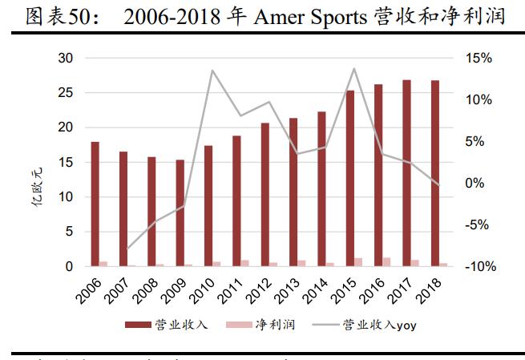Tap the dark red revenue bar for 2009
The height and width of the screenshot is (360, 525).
click(180, 212)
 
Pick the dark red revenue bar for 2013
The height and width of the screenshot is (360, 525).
click(293, 192)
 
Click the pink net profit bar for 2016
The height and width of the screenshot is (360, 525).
click(387, 261)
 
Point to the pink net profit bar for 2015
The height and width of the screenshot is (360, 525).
click(358, 261)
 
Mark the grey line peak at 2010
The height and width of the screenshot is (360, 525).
click(212, 71)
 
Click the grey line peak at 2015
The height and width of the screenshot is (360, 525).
click(354, 69)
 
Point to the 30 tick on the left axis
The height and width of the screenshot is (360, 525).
click(65, 59)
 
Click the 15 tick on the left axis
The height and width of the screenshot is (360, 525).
click(65, 162)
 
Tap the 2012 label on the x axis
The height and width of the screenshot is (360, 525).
click(261, 287)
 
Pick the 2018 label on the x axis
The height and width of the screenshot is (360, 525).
click(432, 287)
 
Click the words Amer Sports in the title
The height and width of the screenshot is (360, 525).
click(308, 16)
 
